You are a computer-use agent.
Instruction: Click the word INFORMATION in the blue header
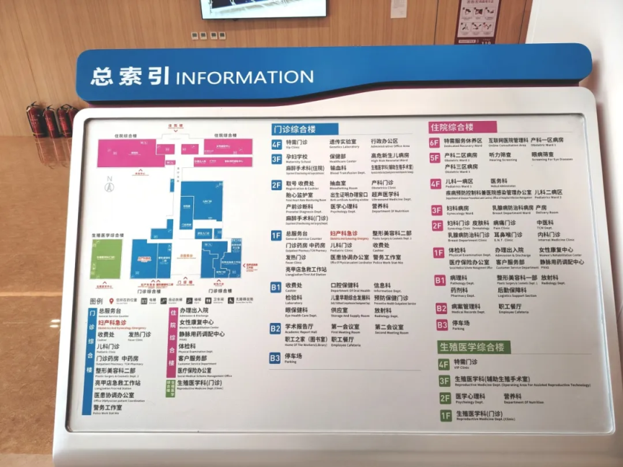tap(244, 76)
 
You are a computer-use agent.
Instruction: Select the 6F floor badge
tap(435, 142)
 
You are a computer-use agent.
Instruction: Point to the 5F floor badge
tap(435, 157)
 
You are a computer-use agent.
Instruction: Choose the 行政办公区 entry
tap(384, 142)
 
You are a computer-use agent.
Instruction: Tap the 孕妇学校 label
tap(297, 156)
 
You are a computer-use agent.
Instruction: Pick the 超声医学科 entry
tap(385, 195)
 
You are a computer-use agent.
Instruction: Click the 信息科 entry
tap(382, 285)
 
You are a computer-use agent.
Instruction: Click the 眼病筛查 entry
tap(543, 154)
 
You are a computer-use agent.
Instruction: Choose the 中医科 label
tap(545, 223)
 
